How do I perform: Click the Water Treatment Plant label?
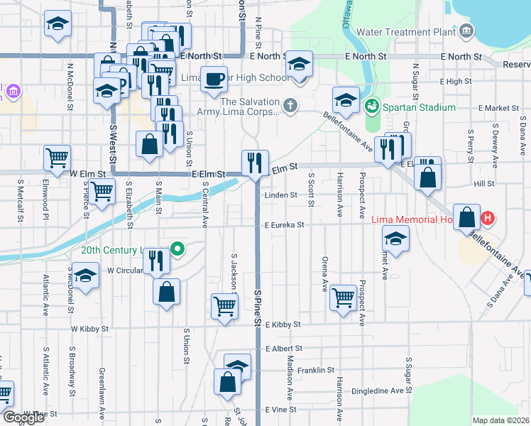[x=405, y=31]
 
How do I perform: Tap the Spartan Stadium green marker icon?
[x=371, y=107]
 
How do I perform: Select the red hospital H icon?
[x=488, y=219]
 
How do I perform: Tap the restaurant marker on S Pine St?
[x=255, y=163]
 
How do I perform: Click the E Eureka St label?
[x=284, y=225]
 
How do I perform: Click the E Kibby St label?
[x=283, y=324]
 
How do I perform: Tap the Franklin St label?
[x=316, y=370]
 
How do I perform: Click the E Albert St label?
[x=283, y=349]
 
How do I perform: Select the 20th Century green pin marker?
[x=178, y=249]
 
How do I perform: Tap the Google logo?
[x=23, y=417]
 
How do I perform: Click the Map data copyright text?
[x=500, y=420]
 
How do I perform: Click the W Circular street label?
[x=121, y=271]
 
